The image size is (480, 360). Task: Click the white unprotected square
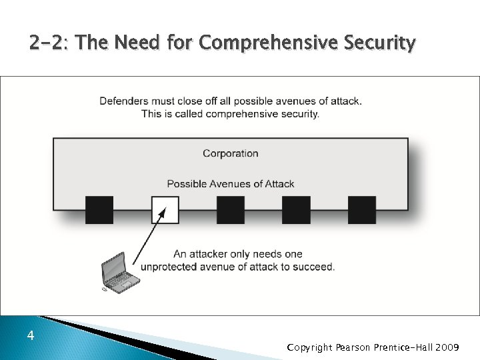tap(165, 209)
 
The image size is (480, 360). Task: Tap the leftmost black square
tap(99, 209)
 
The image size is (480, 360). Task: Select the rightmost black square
tap(362, 209)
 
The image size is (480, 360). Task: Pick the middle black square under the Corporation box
tap(231, 209)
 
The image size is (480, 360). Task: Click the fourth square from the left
tap(297, 209)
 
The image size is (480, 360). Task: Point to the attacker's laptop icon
tap(118, 273)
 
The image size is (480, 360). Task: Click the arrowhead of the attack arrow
tap(161, 215)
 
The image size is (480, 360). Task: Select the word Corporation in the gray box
tap(231, 153)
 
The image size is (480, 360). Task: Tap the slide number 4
tap(31, 336)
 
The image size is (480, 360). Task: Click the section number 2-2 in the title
tap(49, 44)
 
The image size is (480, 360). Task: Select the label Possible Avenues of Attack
tap(231, 184)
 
